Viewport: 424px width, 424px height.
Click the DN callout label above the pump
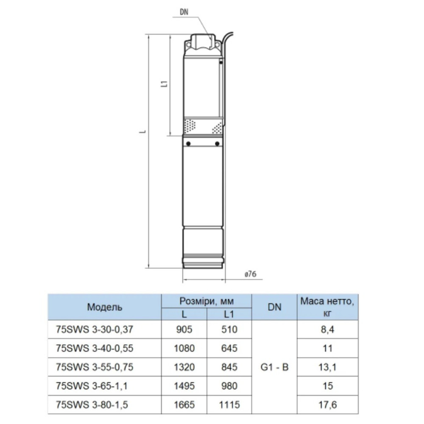(x=184, y=11)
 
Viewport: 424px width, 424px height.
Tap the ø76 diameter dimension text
(x=250, y=274)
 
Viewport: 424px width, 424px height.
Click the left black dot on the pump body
(x=189, y=144)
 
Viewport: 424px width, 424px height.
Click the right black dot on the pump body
(x=217, y=144)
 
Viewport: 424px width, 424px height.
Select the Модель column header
(x=105, y=307)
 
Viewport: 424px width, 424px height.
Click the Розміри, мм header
(x=206, y=301)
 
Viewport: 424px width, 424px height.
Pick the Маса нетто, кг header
(x=327, y=307)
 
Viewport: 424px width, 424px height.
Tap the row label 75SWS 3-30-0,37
(x=95, y=329)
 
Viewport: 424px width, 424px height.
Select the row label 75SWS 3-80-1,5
(x=92, y=405)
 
